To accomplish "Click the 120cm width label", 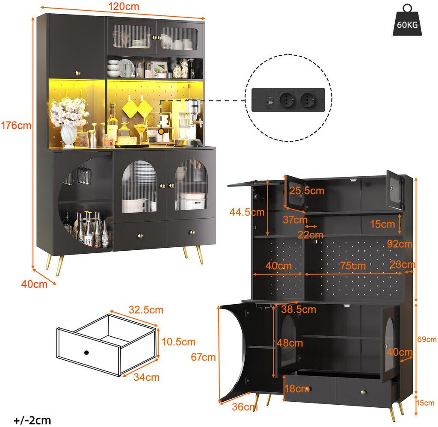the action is point(124,6).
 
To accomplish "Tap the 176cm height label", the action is point(16,125).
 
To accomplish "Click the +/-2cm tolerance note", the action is point(32,420).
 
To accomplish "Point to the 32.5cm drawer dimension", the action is point(146,310).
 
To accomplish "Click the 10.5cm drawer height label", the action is point(178,341).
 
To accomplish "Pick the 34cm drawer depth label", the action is point(146,377).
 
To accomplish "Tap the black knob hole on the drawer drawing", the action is point(86,353).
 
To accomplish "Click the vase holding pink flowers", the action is point(69,136).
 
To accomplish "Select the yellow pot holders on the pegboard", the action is point(137,108).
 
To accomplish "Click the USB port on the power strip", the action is point(270,103).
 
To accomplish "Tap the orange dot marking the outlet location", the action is point(161,131).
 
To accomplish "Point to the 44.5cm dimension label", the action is point(247,212).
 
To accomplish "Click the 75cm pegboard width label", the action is point(353,265).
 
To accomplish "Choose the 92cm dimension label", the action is point(400,244).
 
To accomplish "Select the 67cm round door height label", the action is point(203,357).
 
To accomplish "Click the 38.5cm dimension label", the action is point(299,309).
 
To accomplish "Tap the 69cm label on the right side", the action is point(426,339).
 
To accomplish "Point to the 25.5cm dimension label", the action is point(307,190).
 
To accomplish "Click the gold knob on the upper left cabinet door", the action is point(78,73).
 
